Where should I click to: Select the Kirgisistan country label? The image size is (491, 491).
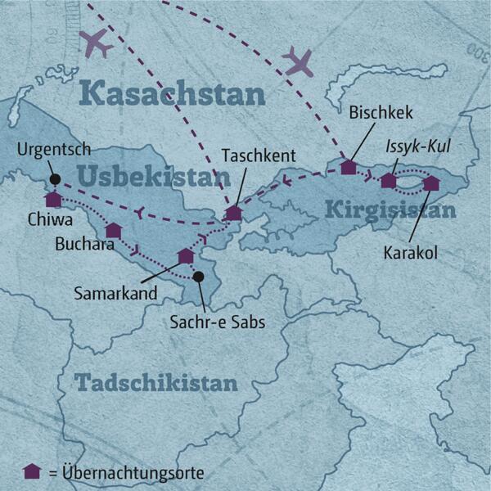coord(390,209)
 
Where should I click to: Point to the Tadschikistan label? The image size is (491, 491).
coord(155,382)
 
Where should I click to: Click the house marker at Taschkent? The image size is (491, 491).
coord(234,213)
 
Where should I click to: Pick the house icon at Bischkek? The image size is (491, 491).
coord(349,167)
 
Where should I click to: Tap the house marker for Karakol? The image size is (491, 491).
coord(431,182)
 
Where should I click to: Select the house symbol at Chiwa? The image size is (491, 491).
coord(53,199)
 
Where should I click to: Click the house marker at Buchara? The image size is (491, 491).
coord(114,230)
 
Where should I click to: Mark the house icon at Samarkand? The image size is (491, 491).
coord(186,255)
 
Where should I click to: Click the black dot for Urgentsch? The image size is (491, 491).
coord(54,179)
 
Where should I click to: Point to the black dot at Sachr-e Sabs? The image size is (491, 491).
coord(198,277)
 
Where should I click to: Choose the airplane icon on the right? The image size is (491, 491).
coord(298,60)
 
